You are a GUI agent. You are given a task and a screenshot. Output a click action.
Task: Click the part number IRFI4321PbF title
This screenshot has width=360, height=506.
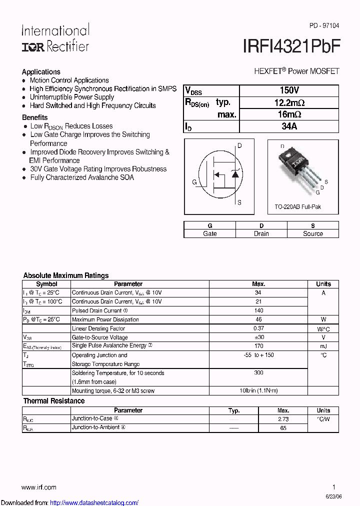tap(291, 46)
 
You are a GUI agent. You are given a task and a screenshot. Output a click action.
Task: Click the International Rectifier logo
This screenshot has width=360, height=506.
tap(55, 38)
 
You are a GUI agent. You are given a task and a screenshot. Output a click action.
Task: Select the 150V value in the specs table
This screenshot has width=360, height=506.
tap(289, 90)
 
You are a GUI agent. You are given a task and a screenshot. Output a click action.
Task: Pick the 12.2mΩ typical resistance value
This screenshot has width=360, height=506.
tap(289, 102)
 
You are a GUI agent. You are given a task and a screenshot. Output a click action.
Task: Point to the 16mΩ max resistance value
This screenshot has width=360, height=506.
tap(289, 114)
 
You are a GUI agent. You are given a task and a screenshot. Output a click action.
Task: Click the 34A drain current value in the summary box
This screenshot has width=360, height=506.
tap(289, 126)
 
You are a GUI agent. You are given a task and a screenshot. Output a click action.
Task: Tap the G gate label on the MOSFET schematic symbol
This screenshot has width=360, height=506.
tap(194, 182)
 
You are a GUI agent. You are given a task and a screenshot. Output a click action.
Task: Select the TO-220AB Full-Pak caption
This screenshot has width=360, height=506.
tap(297, 206)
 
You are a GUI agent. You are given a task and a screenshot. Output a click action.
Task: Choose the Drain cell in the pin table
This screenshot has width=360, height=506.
tap(261, 233)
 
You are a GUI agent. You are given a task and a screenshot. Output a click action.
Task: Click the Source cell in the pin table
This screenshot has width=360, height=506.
tap(313, 233)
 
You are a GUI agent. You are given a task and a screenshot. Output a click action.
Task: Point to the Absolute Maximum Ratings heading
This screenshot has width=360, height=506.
tap(66, 275)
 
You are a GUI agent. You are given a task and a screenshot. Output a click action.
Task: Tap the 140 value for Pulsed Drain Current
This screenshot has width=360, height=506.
tap(258, 310)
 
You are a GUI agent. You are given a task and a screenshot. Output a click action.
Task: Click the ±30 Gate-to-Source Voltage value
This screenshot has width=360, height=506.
tap(258, 337)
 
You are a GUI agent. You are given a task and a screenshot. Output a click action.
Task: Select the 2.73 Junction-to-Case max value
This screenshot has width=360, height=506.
tap(283, 419)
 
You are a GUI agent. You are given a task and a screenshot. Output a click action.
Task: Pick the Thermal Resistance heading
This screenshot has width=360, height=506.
tap(54, 401)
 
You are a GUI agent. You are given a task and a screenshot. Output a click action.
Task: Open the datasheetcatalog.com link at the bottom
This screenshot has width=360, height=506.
tap(94, 502)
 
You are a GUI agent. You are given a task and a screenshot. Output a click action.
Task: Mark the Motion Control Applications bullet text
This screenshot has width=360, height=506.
tap(69, 80)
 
